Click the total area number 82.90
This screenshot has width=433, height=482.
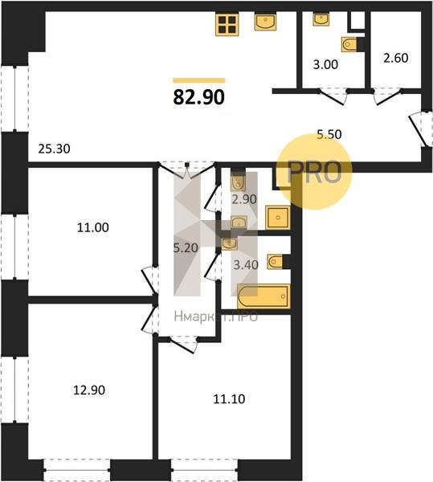click(199, 97)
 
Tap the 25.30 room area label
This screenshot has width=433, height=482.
click(54, 149)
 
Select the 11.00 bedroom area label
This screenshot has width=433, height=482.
click(93, 228)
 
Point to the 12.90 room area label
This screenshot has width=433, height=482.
click(89, 390)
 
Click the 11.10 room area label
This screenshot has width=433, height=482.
click(229, 399)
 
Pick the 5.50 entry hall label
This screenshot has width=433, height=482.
click(329, 134)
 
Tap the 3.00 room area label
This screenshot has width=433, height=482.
click(325, 64)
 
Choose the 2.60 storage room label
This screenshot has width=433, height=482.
click(396, 58)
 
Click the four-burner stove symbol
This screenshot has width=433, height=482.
click(227, 25)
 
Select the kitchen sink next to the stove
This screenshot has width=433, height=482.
click(265, 22)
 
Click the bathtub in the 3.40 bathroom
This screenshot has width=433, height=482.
click(263, 296)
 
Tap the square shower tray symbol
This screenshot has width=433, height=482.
click(278, 218)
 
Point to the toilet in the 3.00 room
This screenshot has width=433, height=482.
click(349, 44)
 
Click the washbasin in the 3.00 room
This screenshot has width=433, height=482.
click(321, 19)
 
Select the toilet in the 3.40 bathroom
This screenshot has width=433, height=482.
click(275, 262)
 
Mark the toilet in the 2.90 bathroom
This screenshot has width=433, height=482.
click(238, 182)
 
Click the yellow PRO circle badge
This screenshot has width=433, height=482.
click(314, 172)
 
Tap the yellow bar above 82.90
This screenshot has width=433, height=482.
click(199, 80)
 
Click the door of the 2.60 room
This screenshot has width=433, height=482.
click(387, 97)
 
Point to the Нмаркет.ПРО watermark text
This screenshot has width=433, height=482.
click(216, 317)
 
